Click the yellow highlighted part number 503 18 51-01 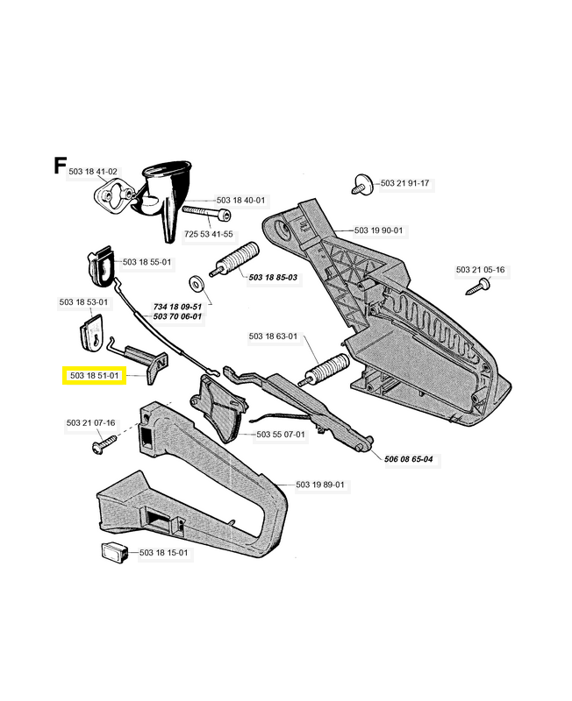(x=96, y=376)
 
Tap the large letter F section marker (x=60, y=165)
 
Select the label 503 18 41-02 (x=93, y=173)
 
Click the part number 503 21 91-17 (x=404, y=183)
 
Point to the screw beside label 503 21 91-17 (x=360, y=184)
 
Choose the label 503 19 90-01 (x=378, y=230)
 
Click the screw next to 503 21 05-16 (x=479, y=285)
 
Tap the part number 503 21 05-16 (x=480, y=270)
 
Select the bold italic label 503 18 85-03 (x=273, y=278)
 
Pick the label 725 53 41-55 (x=209, y=234)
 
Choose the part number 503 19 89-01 (x=320, y=485)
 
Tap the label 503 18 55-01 (x=147, y=262)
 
